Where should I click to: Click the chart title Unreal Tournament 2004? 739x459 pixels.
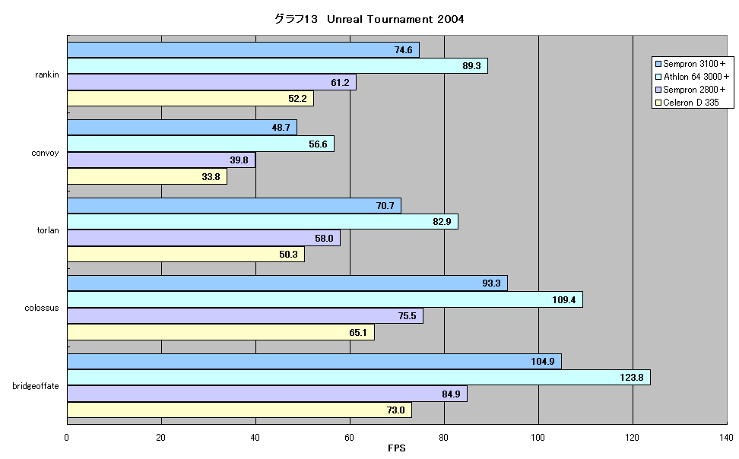tap(395, 19)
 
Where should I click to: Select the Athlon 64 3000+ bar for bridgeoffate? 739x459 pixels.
tap(359, 378)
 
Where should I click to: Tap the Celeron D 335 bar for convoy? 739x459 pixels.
tap(147, 177)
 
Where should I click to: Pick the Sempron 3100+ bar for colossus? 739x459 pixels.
tap(287, 283)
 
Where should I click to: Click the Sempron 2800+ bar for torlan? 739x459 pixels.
tap(204, 238)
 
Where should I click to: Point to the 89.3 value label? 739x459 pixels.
tap(471, 66)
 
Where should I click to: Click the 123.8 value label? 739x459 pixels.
tap(632, 378)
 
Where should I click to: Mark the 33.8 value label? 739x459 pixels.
tap(211, 177)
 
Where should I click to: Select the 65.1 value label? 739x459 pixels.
tap(358, 333)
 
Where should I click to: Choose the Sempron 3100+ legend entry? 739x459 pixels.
tap(690, 64)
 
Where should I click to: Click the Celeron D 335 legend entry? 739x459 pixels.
tap(687, 103)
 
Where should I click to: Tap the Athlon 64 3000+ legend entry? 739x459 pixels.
tap(693, 77)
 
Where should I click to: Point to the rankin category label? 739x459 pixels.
tap(47, 74)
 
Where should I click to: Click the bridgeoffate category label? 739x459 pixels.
tap(36, 386)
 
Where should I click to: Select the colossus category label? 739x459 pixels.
tap(42, 308)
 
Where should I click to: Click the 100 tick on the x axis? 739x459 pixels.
tap(538, 438)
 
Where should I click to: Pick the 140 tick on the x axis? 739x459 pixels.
tap(726, 438)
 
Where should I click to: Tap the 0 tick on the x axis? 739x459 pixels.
tap(66, 438)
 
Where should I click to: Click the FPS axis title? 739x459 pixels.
tap(396, 448)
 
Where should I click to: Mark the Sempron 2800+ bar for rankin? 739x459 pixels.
tap(211, 82)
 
